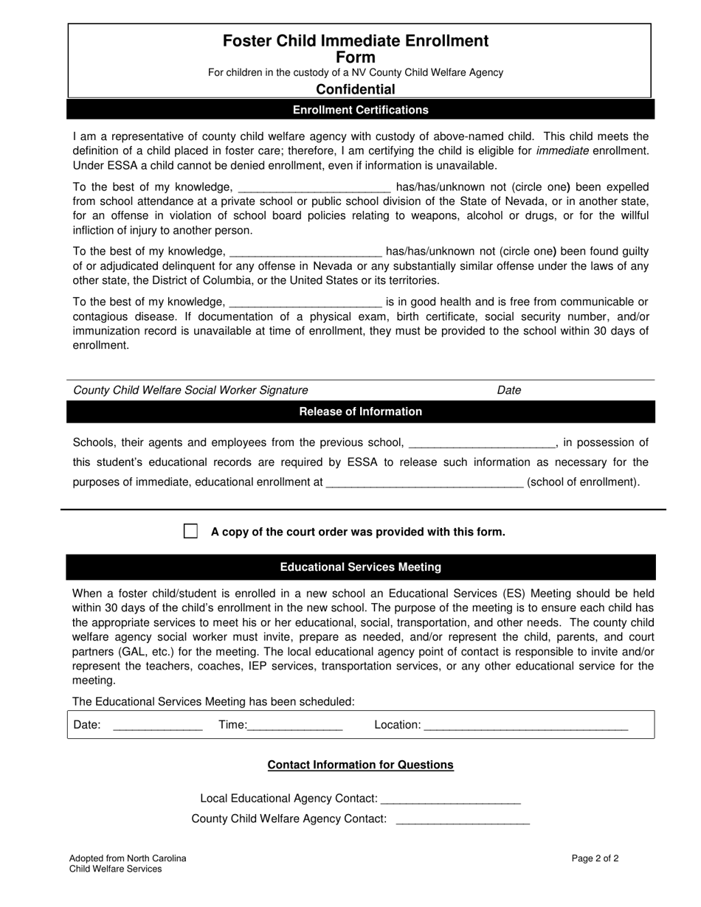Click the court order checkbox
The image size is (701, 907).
point(190,532)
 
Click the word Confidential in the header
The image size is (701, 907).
point(356,89)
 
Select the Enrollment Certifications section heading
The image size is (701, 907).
point(360,110)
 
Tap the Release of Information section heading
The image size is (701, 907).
point(360,411)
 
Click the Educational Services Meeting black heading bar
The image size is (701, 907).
point(360,567)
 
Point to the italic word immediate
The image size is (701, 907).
point(562,150)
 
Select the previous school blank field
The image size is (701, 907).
point(480,443)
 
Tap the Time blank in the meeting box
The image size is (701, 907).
point(295,726)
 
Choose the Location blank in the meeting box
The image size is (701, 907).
point(526,726)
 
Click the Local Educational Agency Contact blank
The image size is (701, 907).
point(451,799)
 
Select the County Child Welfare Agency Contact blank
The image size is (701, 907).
point(463,819)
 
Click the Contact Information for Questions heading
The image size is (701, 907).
point(360,765)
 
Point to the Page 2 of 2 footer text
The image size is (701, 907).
point(595,858)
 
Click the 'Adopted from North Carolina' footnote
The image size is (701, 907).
point(128,858)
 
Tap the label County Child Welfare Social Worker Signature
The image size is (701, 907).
point(190,390)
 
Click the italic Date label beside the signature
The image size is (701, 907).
point(509,390)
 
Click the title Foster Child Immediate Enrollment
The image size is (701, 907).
point(356,41)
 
